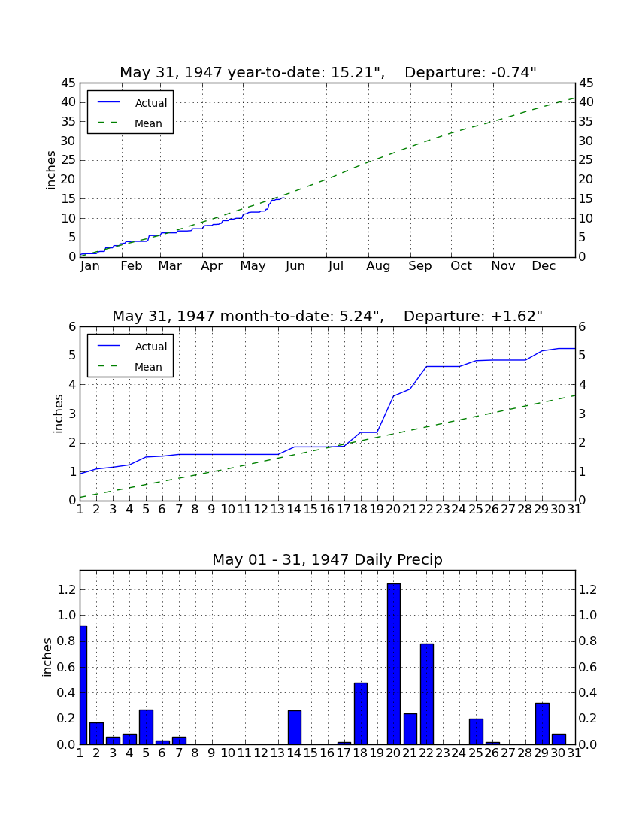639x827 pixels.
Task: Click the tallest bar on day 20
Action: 394,664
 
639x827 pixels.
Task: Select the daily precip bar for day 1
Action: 83,685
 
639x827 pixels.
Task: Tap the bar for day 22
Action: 427,694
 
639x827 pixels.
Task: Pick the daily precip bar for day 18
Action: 361,713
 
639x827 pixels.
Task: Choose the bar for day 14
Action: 295,727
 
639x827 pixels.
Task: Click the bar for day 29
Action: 543,723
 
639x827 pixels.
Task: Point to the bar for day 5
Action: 146,727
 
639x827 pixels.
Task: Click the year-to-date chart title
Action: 328,72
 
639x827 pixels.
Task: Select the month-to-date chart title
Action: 328,316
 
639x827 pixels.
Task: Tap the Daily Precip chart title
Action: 328,559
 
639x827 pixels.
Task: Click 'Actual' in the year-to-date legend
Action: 151,104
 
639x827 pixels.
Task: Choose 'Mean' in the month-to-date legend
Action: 148,367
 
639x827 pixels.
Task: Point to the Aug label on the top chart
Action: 379,266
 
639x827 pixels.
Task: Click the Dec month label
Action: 544,266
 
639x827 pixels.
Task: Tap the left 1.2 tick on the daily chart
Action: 67,589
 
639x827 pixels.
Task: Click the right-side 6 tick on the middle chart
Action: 582,326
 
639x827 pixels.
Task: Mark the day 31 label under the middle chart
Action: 574,510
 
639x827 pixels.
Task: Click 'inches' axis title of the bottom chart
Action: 47,657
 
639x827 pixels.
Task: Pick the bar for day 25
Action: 476,732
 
